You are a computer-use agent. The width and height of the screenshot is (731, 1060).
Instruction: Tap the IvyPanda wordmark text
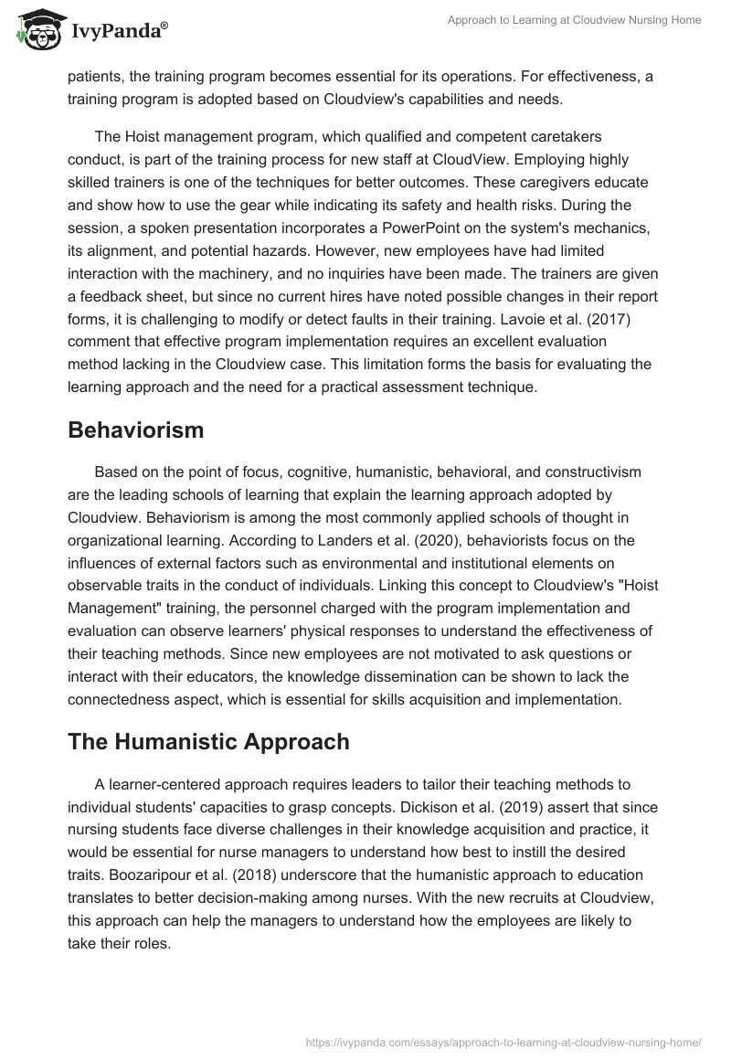coord(119,33)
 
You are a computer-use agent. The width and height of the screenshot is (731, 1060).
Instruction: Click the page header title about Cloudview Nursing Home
coord(574,20)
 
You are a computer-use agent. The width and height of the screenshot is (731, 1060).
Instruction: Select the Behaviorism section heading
coord(135,430)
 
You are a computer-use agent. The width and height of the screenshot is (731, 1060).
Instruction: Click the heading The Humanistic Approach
coord(208,741)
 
